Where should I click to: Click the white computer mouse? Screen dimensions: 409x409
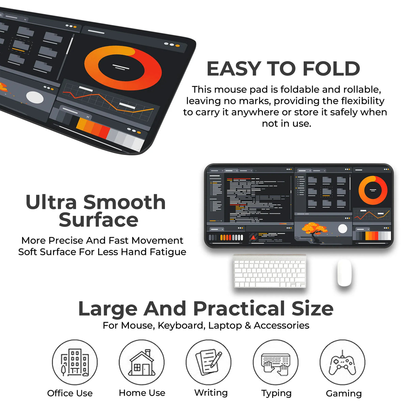344,272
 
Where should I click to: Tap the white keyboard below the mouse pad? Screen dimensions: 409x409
270,271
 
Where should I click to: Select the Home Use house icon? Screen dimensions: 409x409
142,363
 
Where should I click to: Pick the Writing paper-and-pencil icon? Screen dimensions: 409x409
209,362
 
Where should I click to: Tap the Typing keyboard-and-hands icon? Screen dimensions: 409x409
275,364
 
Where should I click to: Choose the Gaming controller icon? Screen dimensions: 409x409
342,363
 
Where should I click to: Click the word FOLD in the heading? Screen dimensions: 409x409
331,69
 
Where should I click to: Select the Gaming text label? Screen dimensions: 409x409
344,394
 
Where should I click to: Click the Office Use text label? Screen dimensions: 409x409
70,393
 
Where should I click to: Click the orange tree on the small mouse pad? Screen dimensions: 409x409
314,232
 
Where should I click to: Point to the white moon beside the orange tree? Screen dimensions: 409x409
342,229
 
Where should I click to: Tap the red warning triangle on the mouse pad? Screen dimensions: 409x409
253,238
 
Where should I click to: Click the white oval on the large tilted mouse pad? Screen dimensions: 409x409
35,97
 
